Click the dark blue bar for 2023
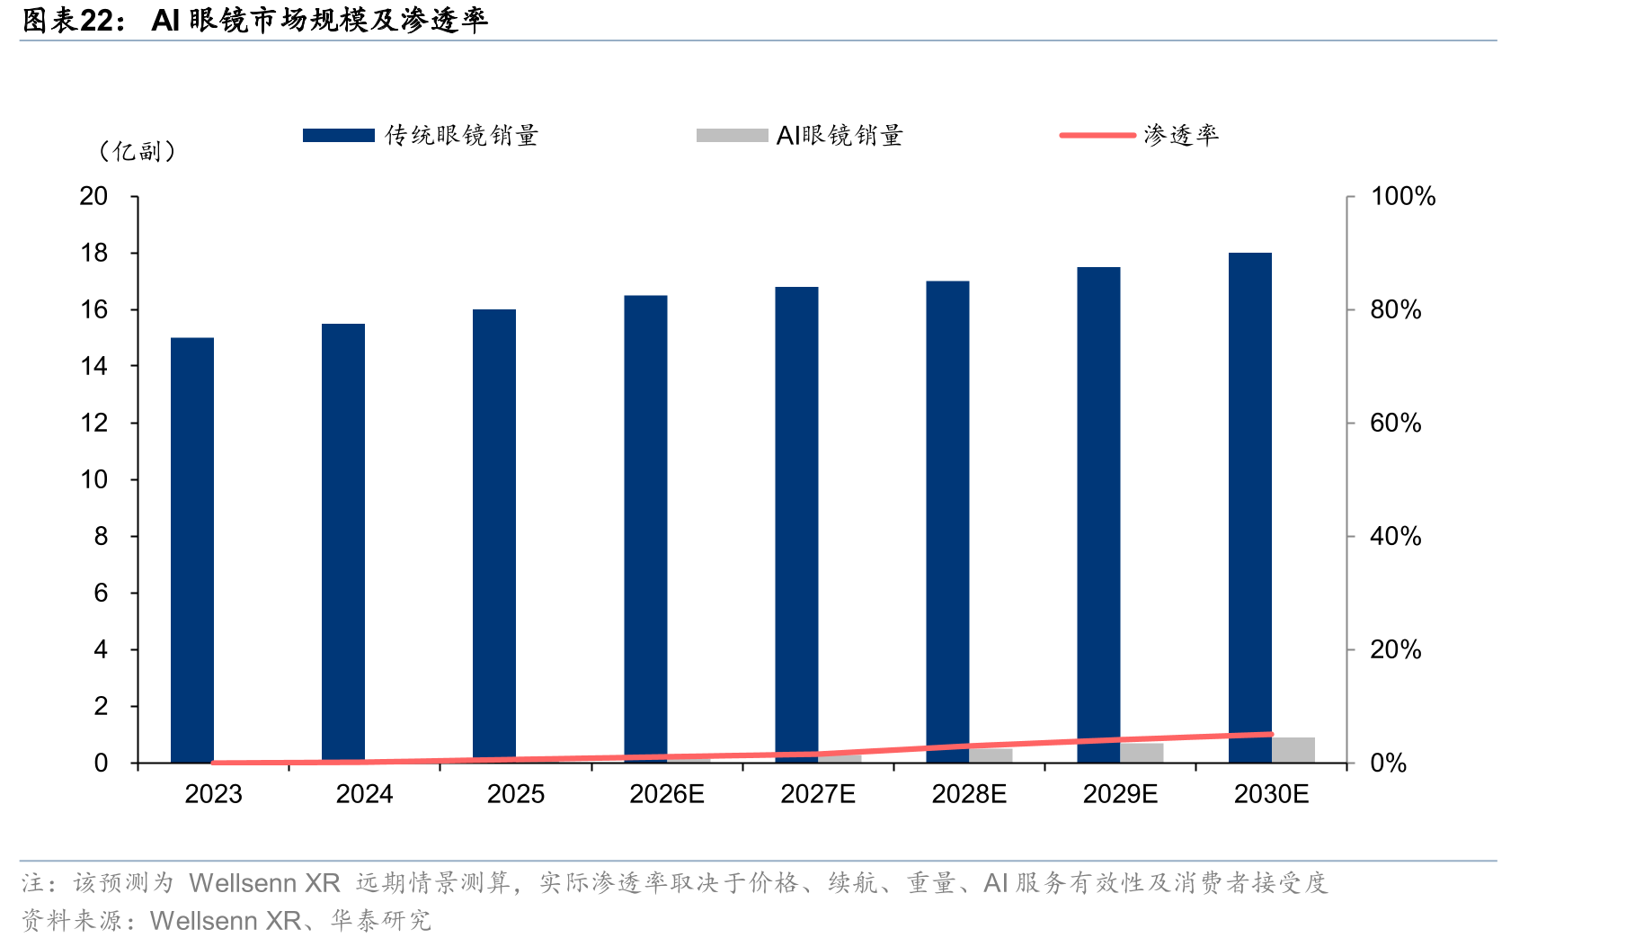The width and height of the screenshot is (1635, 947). pyautogui.click(x=192, y=550)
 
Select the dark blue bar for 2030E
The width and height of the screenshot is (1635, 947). pyautogui.click(x=1250, y=508)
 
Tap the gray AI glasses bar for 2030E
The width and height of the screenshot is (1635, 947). pyautogui.click(x=1293, y=750)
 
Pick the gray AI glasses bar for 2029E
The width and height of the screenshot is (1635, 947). pyautogui.click(x=1142, y=753)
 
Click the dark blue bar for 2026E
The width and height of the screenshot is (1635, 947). pyautogui.click(x=646, y=530)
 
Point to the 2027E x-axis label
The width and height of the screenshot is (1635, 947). pyautogui.click(x=818, y=794)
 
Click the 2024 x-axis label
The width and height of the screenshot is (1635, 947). pyautogui.click(x=365, y=794)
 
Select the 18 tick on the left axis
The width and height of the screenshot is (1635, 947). pyautogui.click(x=94, y=253)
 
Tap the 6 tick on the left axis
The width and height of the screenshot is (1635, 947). pyautogui.click(x=101, y=593)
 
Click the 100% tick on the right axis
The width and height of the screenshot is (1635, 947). pyautogui.click(x=1403, y=196)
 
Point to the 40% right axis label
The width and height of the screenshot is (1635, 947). pyautogui.click(x=1396, y=536)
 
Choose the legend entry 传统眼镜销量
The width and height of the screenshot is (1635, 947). pyautogui.click(x=421, y=135)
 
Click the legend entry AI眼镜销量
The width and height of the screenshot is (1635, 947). pyautogui.click(x=800, y=135)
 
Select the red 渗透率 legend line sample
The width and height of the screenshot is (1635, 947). pyautogui.click(x=1097, y=135)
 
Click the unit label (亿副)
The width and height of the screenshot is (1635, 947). pyautogui.click(x=137, y=151)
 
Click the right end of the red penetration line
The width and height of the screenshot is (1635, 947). pyautogui.click(x=1272, y=734)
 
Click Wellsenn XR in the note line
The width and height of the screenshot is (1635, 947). pyautogui.click(x=264, y=883)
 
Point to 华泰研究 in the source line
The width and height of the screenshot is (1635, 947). pyautogui.click(x=381, y=921)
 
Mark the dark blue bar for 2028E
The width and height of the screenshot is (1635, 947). pyautogui.click(x=948, y=523)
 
